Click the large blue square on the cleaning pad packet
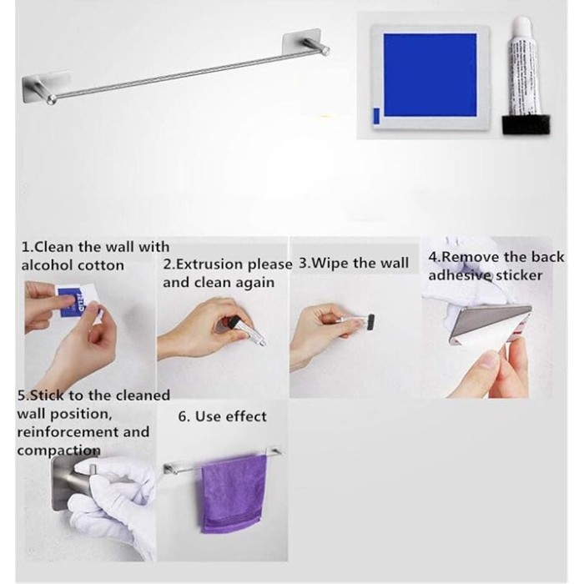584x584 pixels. (430, 75)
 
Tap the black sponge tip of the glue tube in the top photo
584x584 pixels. (526, 125)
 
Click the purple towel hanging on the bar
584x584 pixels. (234, 494)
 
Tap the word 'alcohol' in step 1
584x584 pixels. (48, 265)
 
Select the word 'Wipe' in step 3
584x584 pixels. (330, 263)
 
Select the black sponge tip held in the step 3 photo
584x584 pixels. (370, 322)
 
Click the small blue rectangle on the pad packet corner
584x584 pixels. (376, 116)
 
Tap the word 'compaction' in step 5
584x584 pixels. (59, 451)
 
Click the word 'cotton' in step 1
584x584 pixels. (101, 265)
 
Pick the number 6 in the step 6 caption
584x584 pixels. (183, 416)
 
